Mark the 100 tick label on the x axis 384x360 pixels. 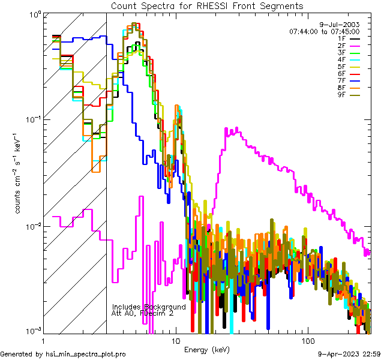pyautogui.click(x=307, y=340)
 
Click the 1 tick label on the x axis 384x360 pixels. pyautogui.click(x=44, y=340)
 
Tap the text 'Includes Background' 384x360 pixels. pyautogui.click(x=149, y=307)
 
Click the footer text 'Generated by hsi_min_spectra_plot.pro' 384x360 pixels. pyautogui.click(x=63, y=354)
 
